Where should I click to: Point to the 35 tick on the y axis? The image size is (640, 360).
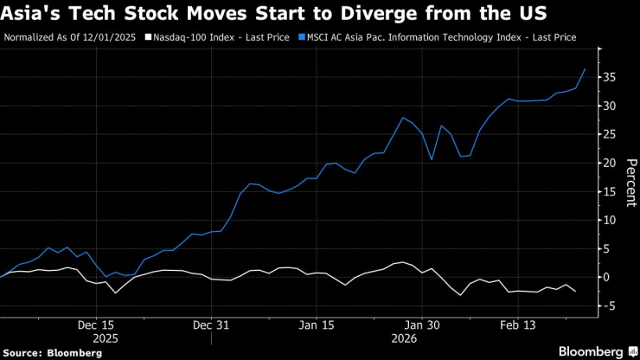[x=610, y=77]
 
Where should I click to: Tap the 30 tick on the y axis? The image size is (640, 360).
[x=610, y=106]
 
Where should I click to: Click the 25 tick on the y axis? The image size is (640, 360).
[x=610, y=134]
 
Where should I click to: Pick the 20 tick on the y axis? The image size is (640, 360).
[x=610, y=163]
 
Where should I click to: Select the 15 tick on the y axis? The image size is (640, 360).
[x=610, y=191]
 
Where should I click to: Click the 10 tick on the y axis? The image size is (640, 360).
[x=610, y=220]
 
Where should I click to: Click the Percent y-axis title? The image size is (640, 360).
[x=630, y=183]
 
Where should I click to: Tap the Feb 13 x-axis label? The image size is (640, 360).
[x=522, y=325]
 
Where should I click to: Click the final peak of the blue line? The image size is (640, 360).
[x=586, y=68]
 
